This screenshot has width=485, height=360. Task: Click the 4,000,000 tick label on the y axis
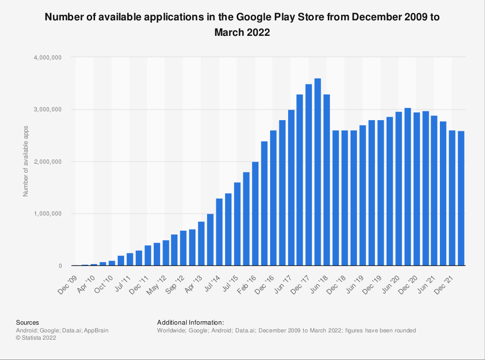click(x=47, y=57)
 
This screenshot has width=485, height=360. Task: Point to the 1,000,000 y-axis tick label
click(x=47, y=214)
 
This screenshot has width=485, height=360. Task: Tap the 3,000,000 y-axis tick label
click(x=47, y=110)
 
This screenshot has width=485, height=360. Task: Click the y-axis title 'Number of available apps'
click(x=26, y=162)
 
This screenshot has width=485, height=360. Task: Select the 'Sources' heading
click(x=28, y=322)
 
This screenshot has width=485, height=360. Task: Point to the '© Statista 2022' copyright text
click(x=36, y=338)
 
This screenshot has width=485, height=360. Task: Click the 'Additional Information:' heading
click(x=191, y=322)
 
